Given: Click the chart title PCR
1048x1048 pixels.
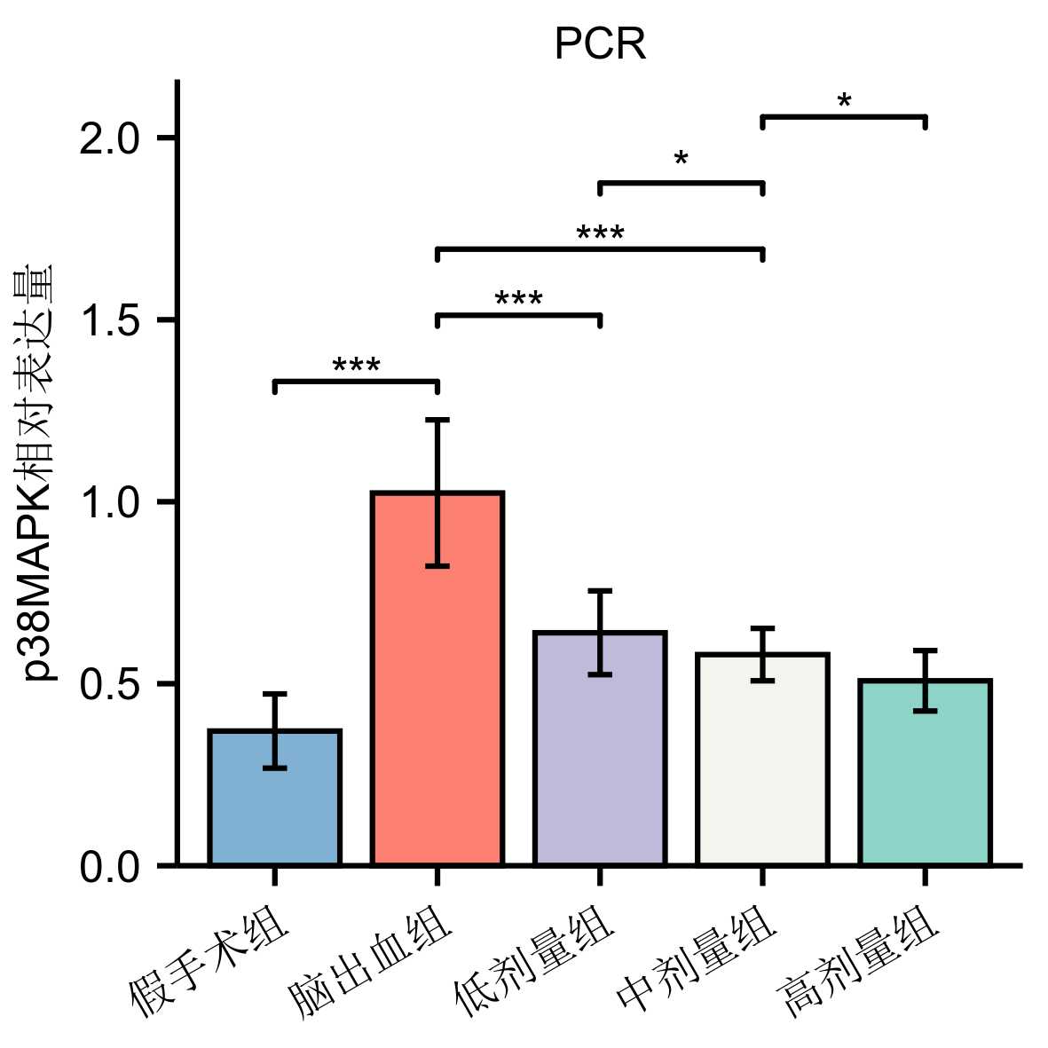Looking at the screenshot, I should [x=600, y=44].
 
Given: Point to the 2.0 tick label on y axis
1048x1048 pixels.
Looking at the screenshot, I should [x=111, y=139].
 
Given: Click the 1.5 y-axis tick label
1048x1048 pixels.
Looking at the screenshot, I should [x=111, y=321].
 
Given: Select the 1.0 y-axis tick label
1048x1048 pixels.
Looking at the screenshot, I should [x=111, y=503].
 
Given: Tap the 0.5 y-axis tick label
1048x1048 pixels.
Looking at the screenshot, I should [x=111, y=685].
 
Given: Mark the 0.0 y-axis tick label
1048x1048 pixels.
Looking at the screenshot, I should [x=111, y=867].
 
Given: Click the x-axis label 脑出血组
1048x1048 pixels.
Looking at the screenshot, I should [x=373, y=967].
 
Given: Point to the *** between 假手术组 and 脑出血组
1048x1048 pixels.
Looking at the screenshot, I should [x=356, y=366].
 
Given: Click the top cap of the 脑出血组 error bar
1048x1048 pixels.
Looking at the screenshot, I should [x=437, y=420].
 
